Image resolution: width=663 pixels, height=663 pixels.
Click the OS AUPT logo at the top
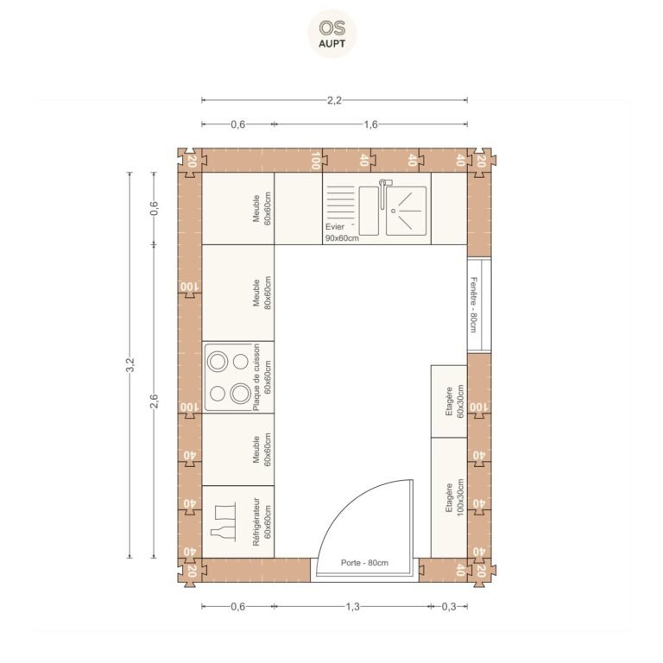[x=331, y=34]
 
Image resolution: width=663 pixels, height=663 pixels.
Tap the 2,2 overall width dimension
[x=334, y=100]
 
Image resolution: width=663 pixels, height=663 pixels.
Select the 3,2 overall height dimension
[x=130, y=365]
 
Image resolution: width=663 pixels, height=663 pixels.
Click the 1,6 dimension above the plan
[x=371, y=124]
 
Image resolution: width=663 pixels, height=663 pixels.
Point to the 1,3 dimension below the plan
[x=352, y=606]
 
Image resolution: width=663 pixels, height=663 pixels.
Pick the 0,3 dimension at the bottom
[x=449, y=606]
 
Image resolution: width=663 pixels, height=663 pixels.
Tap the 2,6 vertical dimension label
[x=154, y=401]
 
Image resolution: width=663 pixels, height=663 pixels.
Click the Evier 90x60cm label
[x=342, y=232]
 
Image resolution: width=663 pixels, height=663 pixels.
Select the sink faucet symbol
[x=384, y=193]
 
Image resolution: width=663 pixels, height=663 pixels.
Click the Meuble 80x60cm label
[x=262, y=293]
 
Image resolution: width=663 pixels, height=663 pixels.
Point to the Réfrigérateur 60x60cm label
[x=262, y=521]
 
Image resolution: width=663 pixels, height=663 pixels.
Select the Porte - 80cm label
[x=364, y=563]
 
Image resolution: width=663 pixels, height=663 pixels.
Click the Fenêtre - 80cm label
[x=474, y=305]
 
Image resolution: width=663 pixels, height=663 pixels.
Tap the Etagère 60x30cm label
[x=455, y=401]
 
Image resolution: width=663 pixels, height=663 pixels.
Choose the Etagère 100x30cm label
[x=455, y=497]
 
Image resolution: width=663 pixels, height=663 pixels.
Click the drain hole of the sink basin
[x=394, y=211]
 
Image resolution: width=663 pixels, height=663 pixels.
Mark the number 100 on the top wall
[x=315, y=161]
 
